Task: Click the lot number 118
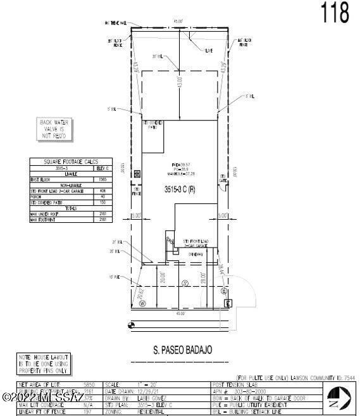click(335, 12)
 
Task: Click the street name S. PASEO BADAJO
click(182, 350)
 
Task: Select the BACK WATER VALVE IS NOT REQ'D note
click(55, 129)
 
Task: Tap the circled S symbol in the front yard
click(185, 283)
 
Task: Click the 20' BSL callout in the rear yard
click(158, 56)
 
